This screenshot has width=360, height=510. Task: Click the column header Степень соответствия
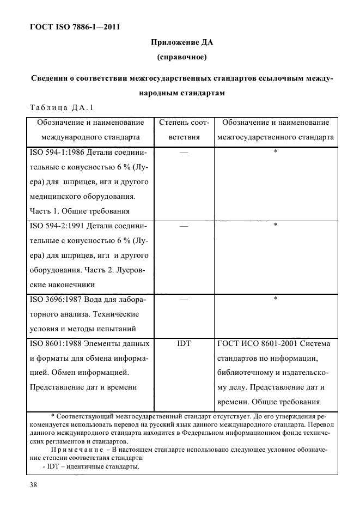(183, 130)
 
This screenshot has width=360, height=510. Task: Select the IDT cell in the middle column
(184, 344)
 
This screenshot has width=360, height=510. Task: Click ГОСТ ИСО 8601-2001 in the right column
(252, 344)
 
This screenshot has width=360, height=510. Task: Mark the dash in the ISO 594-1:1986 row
(184, 153)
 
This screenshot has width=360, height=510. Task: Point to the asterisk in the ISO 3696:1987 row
(276, 299)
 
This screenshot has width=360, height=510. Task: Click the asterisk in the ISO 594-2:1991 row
(276, 225)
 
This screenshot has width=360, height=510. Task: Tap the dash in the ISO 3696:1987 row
(184, 299)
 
